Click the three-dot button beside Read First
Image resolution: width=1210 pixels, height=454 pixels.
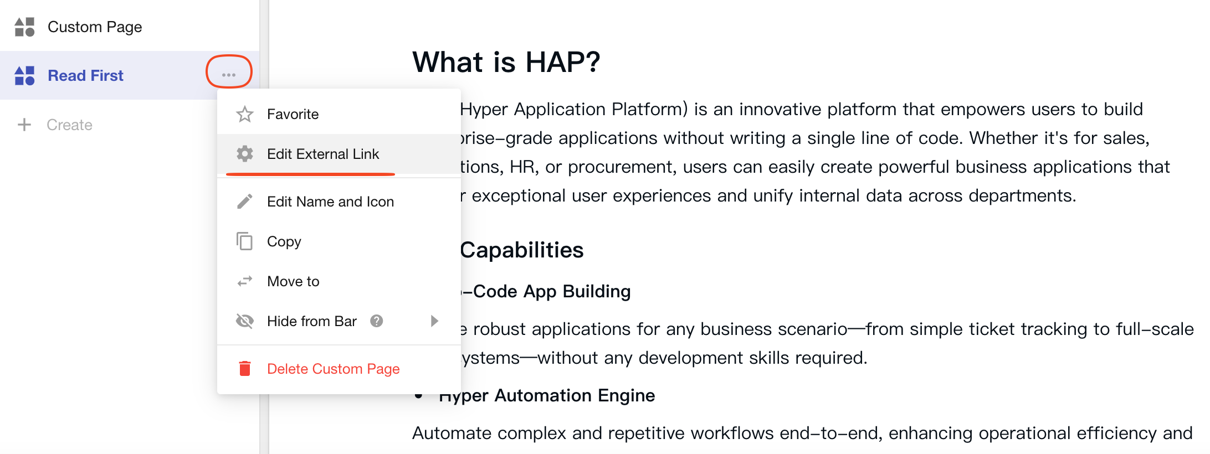click(x=229, y=75)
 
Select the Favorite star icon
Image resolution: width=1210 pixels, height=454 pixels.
click(x=245, y=114)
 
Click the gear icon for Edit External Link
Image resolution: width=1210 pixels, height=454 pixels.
click(x=245, y=153)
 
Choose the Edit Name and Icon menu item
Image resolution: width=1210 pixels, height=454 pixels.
click(x=330, y=202)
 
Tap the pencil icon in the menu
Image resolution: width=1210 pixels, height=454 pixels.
click(x=245, y=202)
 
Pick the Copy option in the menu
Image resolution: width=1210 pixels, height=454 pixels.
click(x=284, y=241)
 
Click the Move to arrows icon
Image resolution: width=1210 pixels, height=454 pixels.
click(x=245, y=281)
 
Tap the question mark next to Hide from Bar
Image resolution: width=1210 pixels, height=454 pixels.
click(x=377, y=321)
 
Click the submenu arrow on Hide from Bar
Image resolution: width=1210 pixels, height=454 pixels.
click(x=434, y=321)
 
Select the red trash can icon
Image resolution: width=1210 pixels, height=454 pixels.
click(x=245, y=368)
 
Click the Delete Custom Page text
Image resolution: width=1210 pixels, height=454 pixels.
click(x=333, y=369)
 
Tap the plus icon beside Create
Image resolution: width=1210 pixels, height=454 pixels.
click(x=24, y=125)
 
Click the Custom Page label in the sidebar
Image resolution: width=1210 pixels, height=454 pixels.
click(x=95, y=27)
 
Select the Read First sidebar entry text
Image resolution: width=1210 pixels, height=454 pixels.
click(x=85, y=75)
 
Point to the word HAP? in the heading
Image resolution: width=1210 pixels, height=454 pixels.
click(x=562, y=61)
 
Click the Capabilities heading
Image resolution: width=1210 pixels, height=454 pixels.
click(x=521, y=250)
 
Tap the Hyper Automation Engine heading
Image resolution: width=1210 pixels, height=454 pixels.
click(x=547, y=395)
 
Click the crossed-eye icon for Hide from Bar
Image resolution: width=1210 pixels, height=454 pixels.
click(x=245, y=321)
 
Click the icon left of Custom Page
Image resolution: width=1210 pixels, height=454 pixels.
click(x=24, y=27)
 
